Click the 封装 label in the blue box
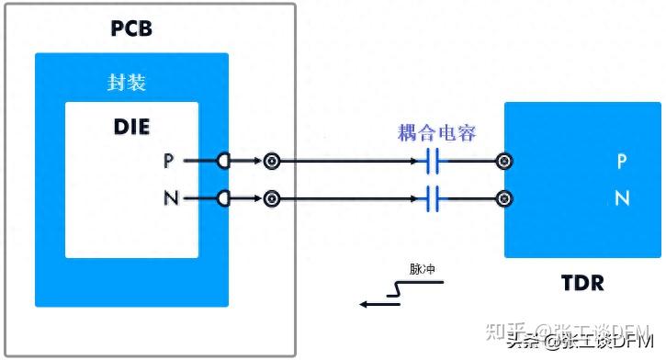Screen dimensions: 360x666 pyautogui.click(x=127, y=83)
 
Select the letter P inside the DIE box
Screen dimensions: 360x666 pyautogui.click(x=168, y=162)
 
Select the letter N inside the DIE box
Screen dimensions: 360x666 pyautogui.click(x=168, y=198)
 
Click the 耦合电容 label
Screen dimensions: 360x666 pyautogui.click(x=436, y=133)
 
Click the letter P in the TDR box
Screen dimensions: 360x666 pyautogui.click(x=622, y=163)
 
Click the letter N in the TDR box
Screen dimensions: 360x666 pyautogui.click(x=622, y=198)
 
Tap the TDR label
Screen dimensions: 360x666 pyautogui.click(x=582, y=283)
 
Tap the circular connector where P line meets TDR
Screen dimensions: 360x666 pyautogui.click(x=503, y=163)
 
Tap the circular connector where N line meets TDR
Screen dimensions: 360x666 pyautogui.click(x=503, y=198)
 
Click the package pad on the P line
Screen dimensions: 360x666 pyautogui.click(x=223, y=162)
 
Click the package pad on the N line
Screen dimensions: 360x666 pyautogui.click(x=223, y=198)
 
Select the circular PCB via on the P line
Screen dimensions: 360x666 pyautogui.click(x=271, y=163)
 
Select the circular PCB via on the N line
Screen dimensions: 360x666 pyautogui.click(x=271, y=198)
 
